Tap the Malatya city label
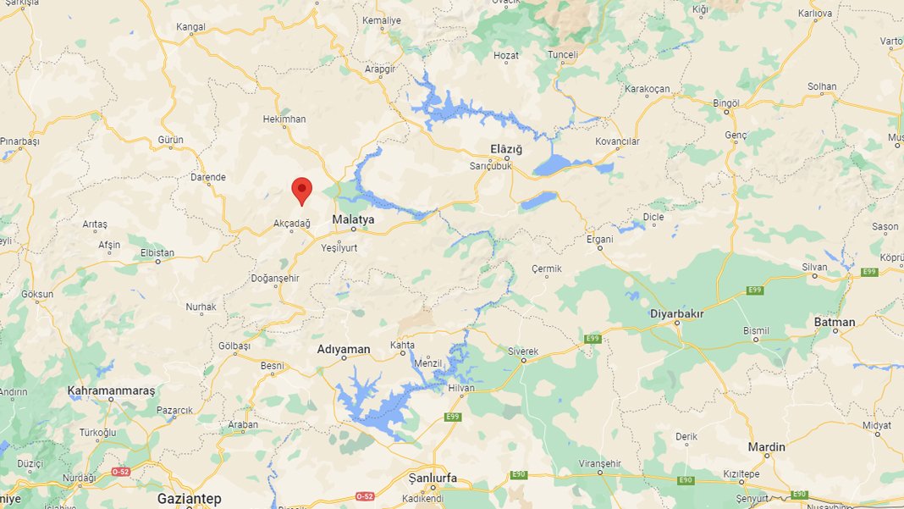coord(353,219)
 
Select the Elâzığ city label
coord(507,149)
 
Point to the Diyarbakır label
coord(676,313)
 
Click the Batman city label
coord(834,322)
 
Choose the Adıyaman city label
coord(344,349)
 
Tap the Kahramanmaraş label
coord(112,391)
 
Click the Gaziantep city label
coord(189,498)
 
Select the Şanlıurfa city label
coord(432,479)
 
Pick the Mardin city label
coord(766,446)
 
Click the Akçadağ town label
coord(292,223)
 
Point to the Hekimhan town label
coord(284,119)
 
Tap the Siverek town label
coord(522,351)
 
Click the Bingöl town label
coord(726,102)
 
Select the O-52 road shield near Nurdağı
coord(121,471)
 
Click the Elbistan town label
coord(157,252)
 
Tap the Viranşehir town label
coord(599,463)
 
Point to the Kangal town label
coord(190,27)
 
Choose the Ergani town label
coord(599,239)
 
